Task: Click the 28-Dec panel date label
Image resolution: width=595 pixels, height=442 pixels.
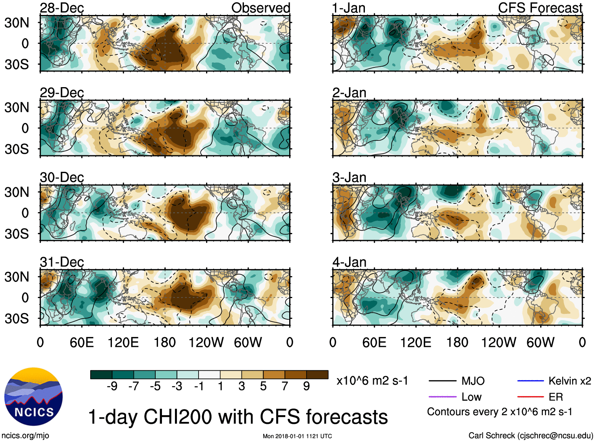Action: [x=62, y=8]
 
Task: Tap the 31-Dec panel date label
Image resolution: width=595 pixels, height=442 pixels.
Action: [x=62, y=262]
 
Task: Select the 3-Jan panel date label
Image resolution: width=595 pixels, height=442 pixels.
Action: [x=349, y=177]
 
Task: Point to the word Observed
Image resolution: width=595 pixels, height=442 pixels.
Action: [x=260, y=8]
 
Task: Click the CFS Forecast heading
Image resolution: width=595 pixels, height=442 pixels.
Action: [x=540, y=8]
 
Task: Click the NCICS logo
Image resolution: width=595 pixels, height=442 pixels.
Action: [x=33, y=397]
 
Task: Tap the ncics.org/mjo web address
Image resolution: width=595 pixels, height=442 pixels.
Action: [x=25, y=435]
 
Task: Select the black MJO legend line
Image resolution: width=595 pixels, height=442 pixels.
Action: [x=442, y=381]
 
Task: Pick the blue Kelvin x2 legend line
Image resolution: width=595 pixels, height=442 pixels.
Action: [x=530, y=381]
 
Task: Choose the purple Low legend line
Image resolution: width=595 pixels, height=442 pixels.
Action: [x=442, y=397]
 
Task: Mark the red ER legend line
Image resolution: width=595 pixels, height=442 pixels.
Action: [x=530, y=397]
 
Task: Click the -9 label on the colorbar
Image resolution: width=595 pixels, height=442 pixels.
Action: [x=112, y=386]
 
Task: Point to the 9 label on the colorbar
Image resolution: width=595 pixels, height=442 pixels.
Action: [x=307, y=386]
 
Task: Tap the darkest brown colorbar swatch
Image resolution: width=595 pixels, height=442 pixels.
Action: [x=317, y=375]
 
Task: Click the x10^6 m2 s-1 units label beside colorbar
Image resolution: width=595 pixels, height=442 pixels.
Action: [x=372, y=381]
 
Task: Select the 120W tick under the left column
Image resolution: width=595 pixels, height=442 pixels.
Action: [x=206, y=342]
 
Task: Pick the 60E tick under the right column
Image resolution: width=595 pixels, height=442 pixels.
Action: [x=374, y=342]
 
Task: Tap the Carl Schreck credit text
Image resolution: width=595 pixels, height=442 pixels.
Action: [x=530, y=435]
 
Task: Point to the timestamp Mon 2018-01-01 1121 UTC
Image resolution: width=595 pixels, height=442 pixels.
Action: [x=297, y=436]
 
